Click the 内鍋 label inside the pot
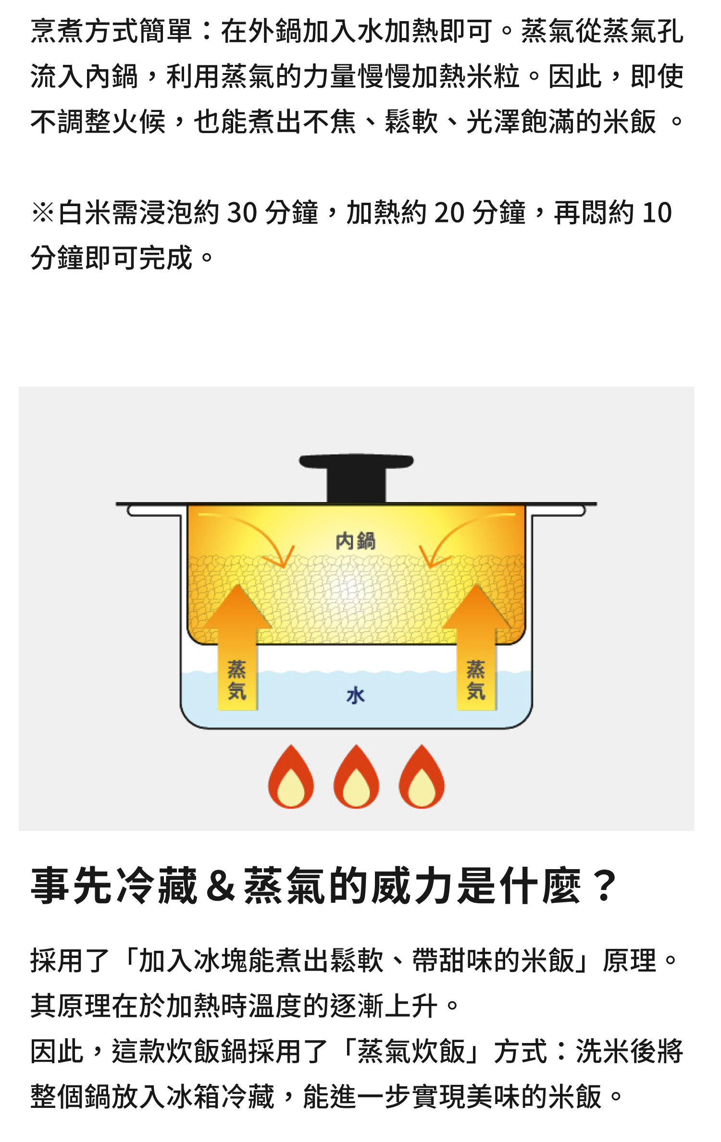355,541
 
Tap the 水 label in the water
356,695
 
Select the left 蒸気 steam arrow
237,649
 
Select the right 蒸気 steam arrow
476,649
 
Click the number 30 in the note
242,212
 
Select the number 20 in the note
449,212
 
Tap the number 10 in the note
657,212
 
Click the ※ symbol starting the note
43,212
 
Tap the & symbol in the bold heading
220,885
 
